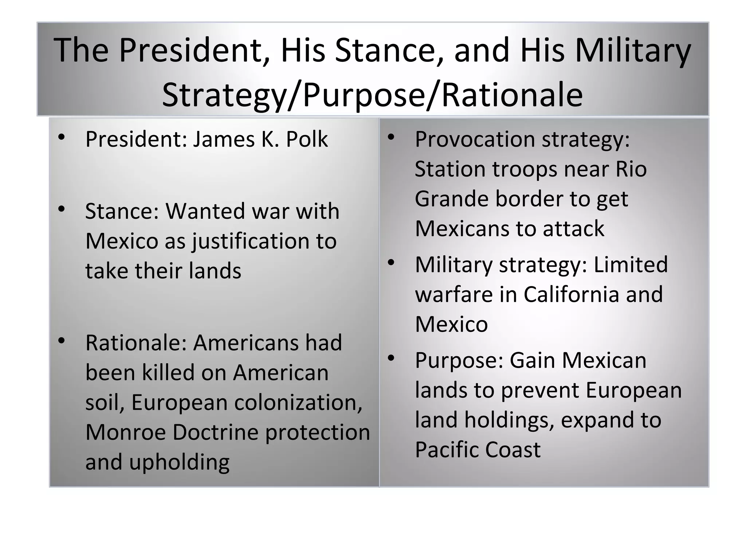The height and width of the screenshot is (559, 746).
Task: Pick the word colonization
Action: (x=298, y=403)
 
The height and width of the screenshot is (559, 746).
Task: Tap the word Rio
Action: (x=631, y=169)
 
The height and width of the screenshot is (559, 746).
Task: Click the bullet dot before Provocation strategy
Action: (x=391, y=138)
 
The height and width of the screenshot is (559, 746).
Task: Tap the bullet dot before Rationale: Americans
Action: (x=62, y=341)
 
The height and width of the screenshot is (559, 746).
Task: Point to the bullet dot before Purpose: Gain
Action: (x=391, y=358)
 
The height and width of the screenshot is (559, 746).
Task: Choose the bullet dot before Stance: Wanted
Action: (x=62, y=209)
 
